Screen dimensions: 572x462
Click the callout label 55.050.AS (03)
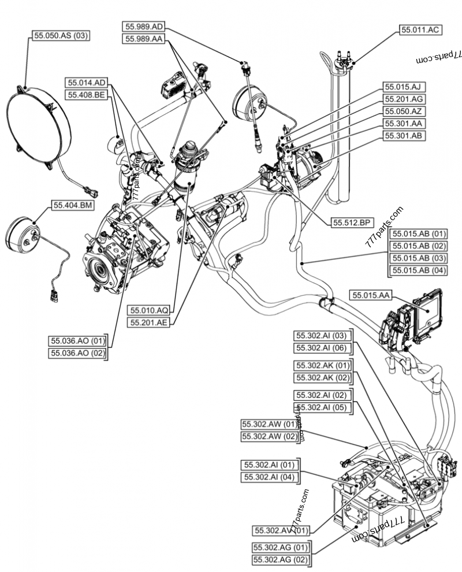60,35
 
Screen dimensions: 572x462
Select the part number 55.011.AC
421,29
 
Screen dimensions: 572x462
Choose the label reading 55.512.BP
352,222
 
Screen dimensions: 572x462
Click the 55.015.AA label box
371,295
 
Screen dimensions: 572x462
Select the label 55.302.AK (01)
323,366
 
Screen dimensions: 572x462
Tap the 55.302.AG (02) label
281,559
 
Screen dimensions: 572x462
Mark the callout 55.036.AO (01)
78,341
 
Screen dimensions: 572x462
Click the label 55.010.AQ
149,310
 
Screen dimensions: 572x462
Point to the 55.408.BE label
87,95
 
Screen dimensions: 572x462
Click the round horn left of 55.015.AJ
248,105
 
